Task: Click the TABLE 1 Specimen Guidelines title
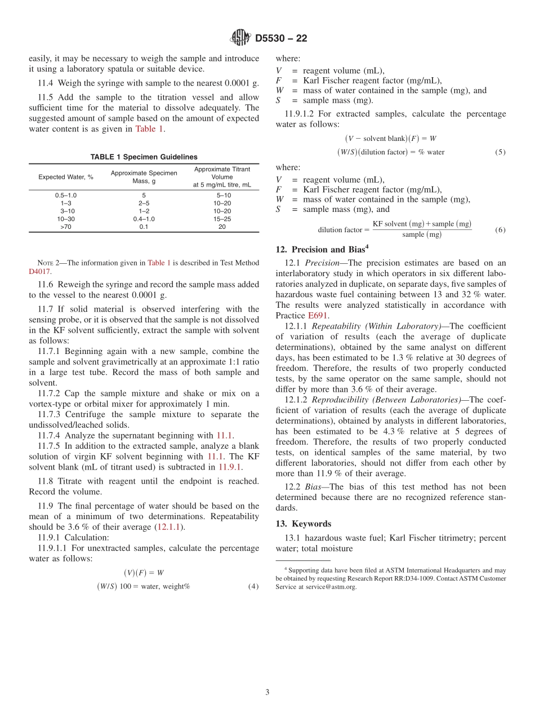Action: pos(144,157)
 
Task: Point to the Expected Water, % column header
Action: pos(66,177)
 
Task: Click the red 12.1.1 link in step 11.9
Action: pos(170,527)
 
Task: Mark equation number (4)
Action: pos(253,586)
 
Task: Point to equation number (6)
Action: pos(500,230)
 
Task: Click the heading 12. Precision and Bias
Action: pos(321,249)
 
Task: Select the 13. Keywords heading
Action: pos(304,524)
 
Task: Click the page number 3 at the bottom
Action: pos(267,692)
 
